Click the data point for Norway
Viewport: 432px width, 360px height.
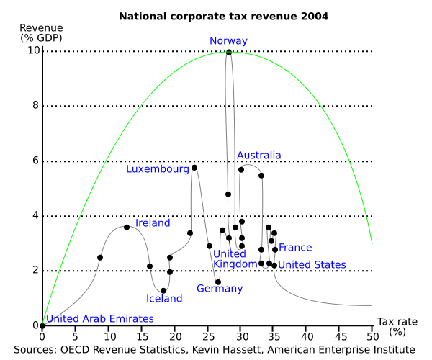pyautogui.click(x=229, y=52)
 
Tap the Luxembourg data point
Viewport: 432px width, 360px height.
pyautogui.click(x=194, y=168)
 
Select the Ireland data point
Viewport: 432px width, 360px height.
pyautogui.click(x=127, y=227)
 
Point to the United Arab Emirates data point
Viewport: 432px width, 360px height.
pyautogui.click(x=42, y=325)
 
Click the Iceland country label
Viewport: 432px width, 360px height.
pyautogui.click(x=164, y=299)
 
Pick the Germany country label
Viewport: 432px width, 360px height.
pyautogui.click(x=220, y=289)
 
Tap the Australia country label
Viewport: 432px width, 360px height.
pyautogui.click(x=259, y=156)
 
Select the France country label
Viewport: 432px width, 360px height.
pyautogui.click(x=295, y=248)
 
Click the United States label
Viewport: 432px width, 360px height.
pyautogui.click(x=312, y=265)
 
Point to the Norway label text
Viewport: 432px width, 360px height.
pyautogui.click(x=229, y=41)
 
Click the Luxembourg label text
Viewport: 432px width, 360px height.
pyautogui.click(x=157, y=169)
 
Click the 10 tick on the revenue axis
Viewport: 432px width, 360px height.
pyautogui.click(x=34, y=51)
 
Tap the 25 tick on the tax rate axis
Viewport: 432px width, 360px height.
pyautogui.click(x=207, y=336)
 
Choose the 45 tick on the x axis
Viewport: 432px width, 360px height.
pyautogui.click(x=339, y=336)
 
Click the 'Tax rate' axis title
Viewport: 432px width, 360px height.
pyautogui.click(x=396, y=321)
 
